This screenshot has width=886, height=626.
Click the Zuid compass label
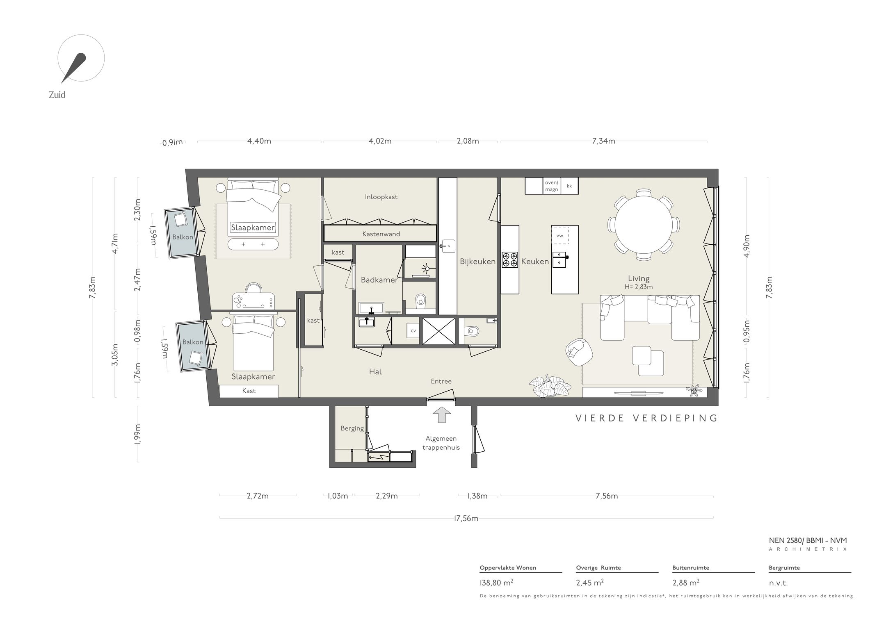[x=57, y=95]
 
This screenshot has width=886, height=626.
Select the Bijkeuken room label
[x=477, y=262]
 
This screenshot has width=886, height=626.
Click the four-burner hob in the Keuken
[x=510, y=260]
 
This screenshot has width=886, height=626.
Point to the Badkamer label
[x=379, y=280]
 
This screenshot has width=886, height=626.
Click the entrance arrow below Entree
[x=441, y=414]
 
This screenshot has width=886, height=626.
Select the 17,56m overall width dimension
[x=466, y=518]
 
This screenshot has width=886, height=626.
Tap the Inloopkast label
[x=381, y=197]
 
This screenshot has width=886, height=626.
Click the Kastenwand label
[x=381, y=234]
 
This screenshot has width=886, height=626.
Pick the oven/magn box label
[x=552, y=186]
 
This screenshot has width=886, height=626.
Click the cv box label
[x=413, y=330]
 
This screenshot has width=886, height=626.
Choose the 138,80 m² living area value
[x=496, y=583]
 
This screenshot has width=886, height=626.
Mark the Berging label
[x=352, y=428]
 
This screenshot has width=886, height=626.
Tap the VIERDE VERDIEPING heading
[x=646, y=418]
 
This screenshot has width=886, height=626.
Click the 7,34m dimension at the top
[x=603, y=141]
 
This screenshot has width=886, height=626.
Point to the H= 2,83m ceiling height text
[x=639, y=287]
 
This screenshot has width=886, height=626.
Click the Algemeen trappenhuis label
[x=441, y=443]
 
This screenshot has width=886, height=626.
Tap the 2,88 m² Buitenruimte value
[x=686, y=583]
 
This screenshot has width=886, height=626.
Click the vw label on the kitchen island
[x=559, y=236]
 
